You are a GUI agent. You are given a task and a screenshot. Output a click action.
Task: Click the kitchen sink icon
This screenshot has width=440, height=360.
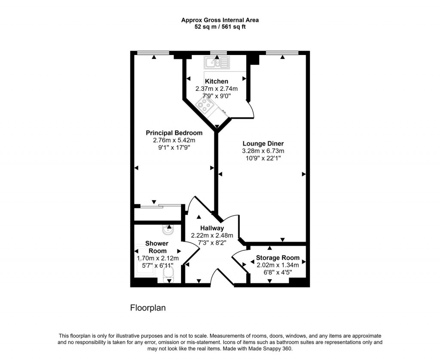coord(217,63)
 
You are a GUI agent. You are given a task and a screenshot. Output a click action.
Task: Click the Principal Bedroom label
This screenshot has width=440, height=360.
coord(174,133)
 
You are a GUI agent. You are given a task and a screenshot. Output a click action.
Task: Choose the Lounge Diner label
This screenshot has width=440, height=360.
coord(263,144)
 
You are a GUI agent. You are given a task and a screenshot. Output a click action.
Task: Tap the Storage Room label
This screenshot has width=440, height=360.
coord(278,258)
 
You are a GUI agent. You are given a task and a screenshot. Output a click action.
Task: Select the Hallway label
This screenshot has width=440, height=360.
coord(212,228)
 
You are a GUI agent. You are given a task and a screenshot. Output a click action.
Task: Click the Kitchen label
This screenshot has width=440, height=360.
coord(217,81)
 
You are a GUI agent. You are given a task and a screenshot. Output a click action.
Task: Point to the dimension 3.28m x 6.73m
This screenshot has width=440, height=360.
coord(263,151)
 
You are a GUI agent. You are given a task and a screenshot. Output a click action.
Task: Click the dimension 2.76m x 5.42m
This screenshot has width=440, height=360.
coord(174,140)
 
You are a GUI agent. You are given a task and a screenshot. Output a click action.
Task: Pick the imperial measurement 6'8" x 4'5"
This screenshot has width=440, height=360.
coord(278,271)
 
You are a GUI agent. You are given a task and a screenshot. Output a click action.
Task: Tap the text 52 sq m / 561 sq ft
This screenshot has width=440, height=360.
coord(220,27)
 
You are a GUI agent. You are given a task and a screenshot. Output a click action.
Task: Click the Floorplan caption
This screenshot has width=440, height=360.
coord(148,308)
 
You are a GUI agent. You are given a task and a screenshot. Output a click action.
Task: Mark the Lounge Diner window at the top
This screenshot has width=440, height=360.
coord(282,53)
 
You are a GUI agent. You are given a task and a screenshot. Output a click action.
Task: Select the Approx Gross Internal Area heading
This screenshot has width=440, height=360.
coord(220,20)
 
